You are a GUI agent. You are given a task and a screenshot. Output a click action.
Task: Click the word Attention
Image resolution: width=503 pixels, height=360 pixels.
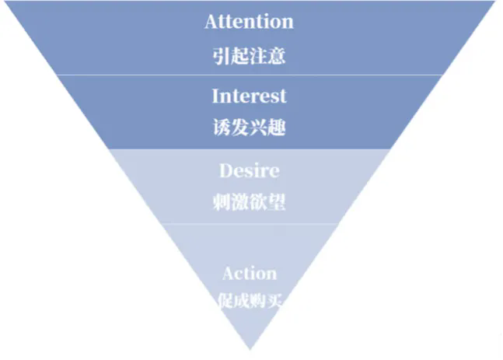(x=249, y=22)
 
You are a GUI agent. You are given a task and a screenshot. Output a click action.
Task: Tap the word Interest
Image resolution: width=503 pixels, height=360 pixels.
(x=249, y=96)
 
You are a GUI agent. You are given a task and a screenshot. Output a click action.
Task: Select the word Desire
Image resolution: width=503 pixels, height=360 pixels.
(x=249, y=171)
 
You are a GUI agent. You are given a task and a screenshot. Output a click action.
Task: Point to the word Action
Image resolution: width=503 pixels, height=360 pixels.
(x=249, y=273)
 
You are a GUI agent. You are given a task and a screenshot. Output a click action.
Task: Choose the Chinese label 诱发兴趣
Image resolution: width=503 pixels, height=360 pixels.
(x=249, y=127)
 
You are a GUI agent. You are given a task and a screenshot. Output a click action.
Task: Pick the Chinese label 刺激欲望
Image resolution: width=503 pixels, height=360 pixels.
(x=249, y=202)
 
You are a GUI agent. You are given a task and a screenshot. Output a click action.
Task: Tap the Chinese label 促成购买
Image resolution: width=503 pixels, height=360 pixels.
(x=249, y=300)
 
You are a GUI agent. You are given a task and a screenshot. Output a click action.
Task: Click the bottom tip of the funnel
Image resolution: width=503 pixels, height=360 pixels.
(x=250, y=348)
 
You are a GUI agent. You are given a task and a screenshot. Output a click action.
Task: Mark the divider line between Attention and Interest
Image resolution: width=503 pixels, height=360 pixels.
(x=249, y=75)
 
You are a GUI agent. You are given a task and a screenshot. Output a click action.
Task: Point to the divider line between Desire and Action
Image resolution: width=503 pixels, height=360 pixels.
(x=249, y=224)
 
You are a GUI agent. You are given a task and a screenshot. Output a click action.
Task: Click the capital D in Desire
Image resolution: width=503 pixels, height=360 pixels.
(x=226, y=171)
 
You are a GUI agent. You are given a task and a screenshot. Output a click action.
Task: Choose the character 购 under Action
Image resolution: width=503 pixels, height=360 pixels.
(x=258, y=300)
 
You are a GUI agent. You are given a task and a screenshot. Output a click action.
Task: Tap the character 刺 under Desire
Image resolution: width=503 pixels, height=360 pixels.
(x=221, y=202)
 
